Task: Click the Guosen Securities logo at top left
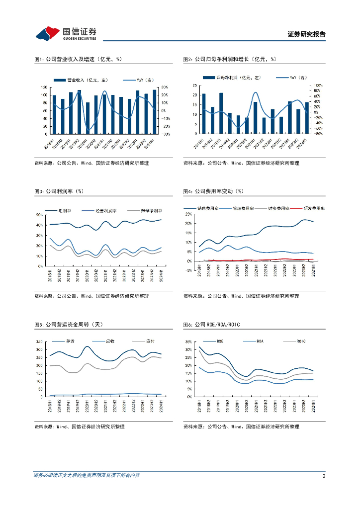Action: tap(66, 33)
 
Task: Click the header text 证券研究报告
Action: tap(306, 34)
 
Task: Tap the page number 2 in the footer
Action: tap(324, 476)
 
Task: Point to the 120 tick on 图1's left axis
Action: tap(44, 87)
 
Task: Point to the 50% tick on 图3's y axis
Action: tap(39, 215)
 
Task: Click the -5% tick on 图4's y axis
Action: tap(188, 270)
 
